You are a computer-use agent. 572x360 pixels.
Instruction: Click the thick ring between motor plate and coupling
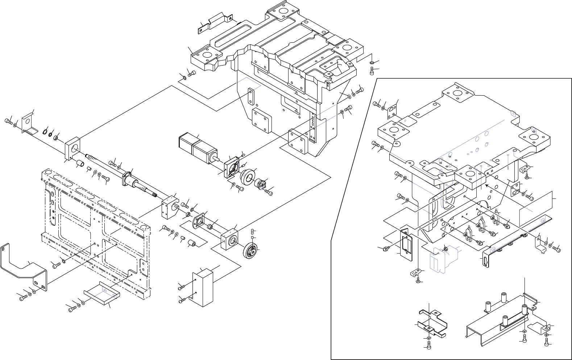[x=248, y=177]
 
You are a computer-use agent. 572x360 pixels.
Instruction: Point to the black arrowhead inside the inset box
[x=487, y=185]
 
